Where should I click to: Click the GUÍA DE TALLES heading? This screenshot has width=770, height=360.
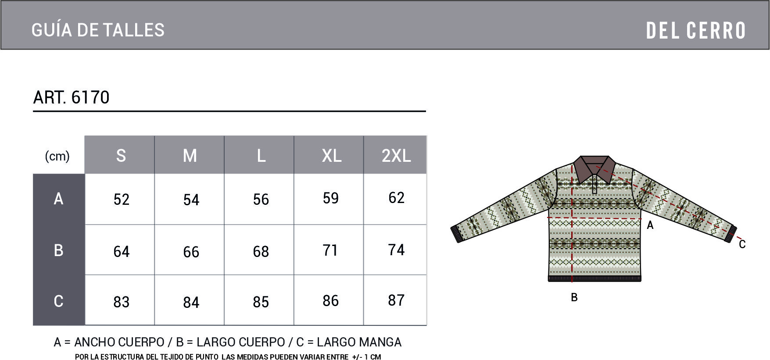tap(98, 30)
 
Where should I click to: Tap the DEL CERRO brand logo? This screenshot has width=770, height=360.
tap(696, 31)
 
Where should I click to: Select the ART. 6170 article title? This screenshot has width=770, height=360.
tap(71, 97)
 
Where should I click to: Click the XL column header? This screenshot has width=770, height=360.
tap(331, 156)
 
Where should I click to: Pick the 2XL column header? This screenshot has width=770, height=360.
tap(396, 156)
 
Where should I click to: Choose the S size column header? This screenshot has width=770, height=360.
tap(121, 156)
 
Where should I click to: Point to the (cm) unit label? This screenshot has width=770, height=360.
tap(57, 156)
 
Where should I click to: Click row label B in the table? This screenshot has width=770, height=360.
tap(58, 250)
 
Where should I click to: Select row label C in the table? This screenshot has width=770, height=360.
tap(58, 301)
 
